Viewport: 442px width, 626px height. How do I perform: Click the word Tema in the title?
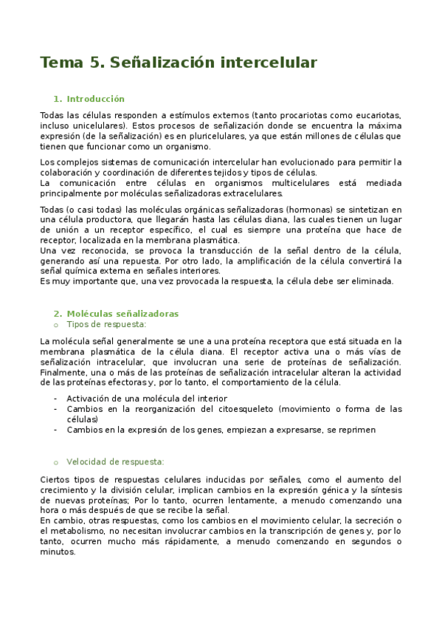coord(62,63)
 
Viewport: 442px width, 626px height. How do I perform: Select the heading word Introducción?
coord(96,98)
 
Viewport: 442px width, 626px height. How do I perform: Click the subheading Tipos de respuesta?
coord(106,324)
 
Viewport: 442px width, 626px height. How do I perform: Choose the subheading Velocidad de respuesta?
coord(115,461)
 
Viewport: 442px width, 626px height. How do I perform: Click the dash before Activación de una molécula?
coord(57,398)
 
